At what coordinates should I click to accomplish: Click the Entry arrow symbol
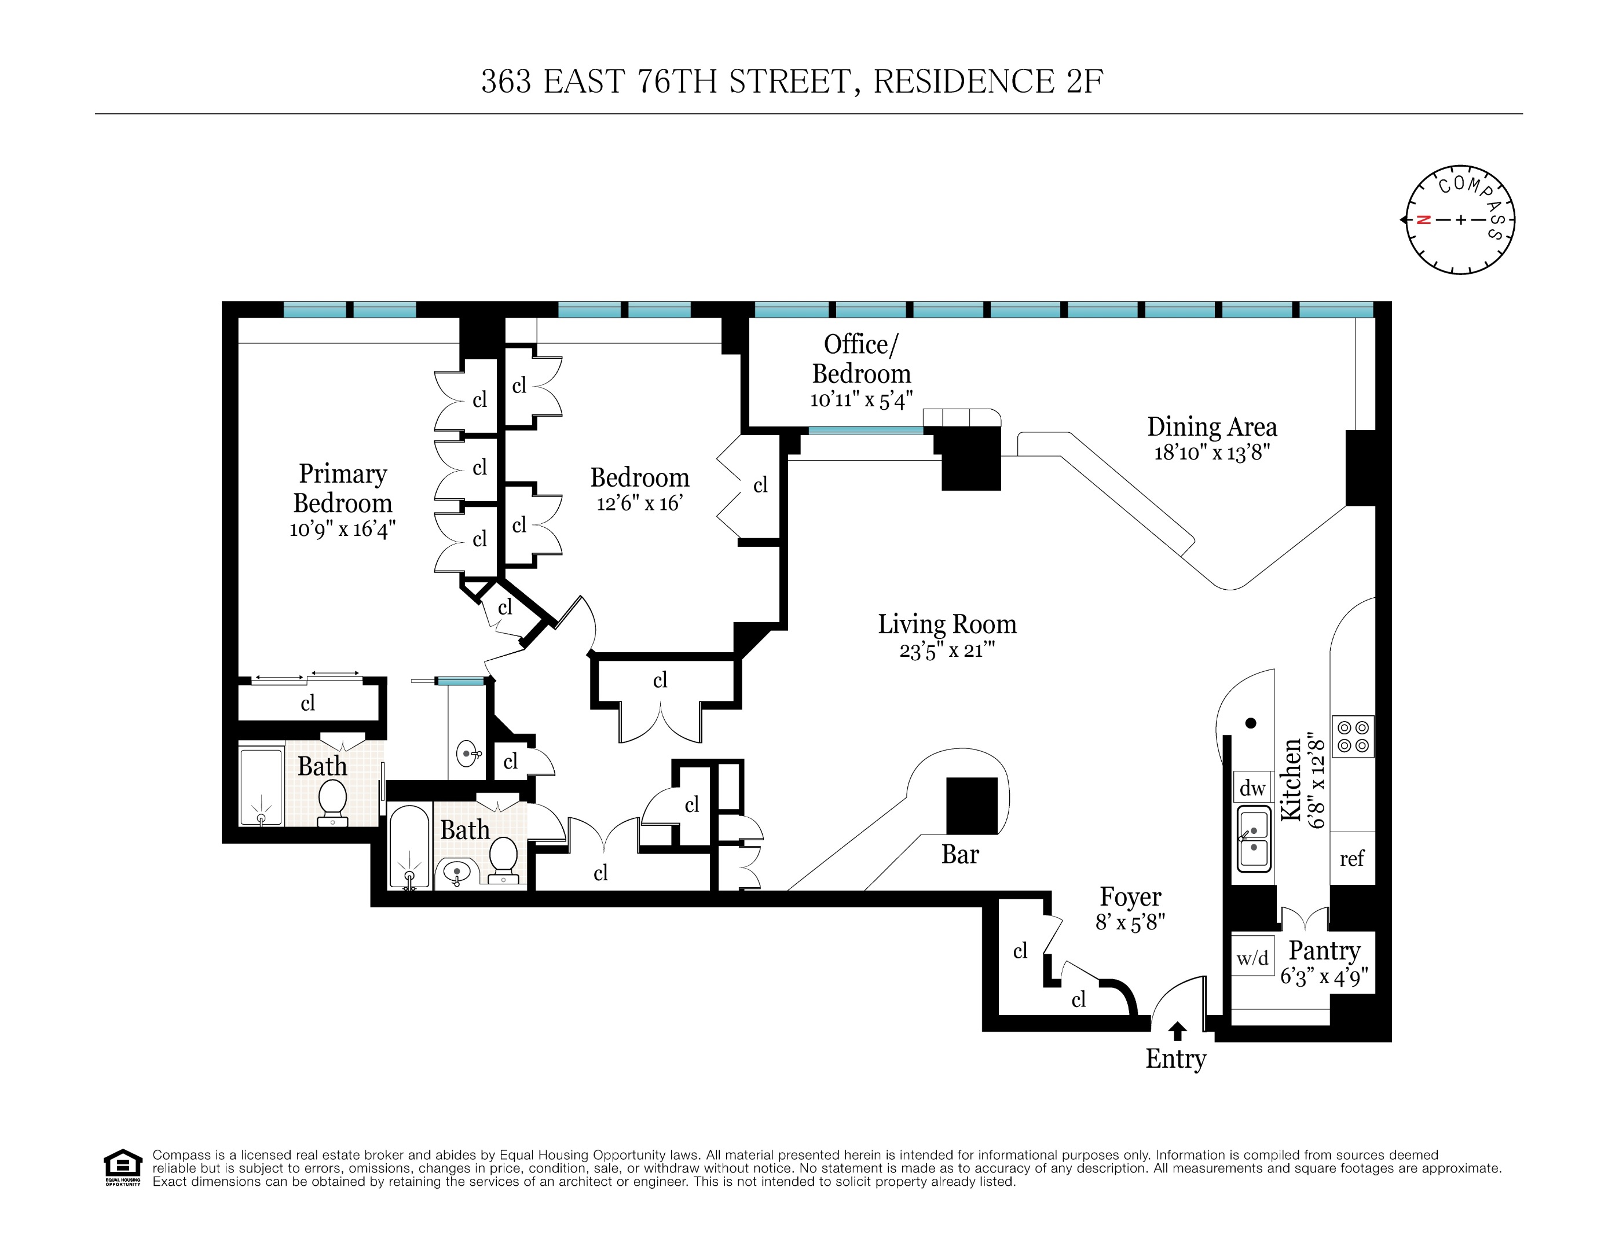pyautogui.click(x=1177, y=1031)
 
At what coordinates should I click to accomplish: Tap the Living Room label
pyautogui.click(x=947, y=624)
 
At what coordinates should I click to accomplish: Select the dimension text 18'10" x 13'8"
pyautogui.click(x=1212, y=453)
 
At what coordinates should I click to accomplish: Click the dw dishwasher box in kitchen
pyautogui.click(x=1252, y=788)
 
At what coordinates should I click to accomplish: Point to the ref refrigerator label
pyautogui.click(x=1351, y=858)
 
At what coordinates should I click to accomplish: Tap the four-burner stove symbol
pyautogui.click(x=1353, y=737)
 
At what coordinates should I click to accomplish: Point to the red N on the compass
pyautogui.click(x=1423, y=220)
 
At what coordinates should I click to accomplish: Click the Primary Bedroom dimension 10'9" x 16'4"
pyautogui.click(x=342, y=529)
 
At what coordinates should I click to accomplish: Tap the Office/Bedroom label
pyautogui.click(x=862, y=359)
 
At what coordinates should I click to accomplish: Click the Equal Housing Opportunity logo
pyautogui.click(x=122, y=1168)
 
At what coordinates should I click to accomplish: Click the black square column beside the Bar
pyautogui.click(x=972, y=806)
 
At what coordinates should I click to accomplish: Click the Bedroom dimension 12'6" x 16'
pyautogui.click(x=639, y=504)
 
